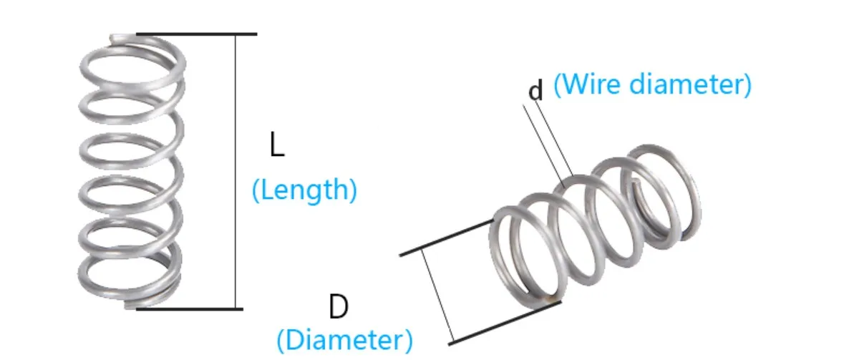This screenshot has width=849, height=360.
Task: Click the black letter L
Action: tap(276, 145)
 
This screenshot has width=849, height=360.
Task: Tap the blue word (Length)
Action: tap(304, 191)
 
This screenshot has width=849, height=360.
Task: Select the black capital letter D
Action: tap(338, 308)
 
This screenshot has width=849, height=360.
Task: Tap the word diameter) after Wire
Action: tap(691, 84)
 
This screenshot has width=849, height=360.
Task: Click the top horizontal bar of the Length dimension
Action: tap(197, 34)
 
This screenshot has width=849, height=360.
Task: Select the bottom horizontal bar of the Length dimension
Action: tap(190, 309)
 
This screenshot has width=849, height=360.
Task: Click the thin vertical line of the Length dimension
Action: tap(236, 172)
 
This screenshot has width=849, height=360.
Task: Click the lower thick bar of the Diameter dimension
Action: tap(505, 322)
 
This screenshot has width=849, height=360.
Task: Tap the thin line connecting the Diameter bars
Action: tap(437, 293)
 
